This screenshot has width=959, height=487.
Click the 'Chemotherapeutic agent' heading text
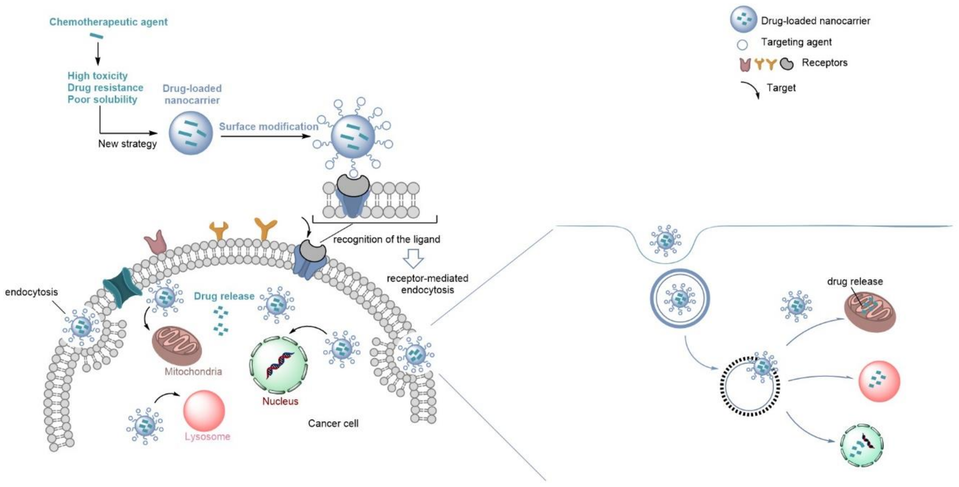(108, 22)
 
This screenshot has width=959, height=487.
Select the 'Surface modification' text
(268, 126)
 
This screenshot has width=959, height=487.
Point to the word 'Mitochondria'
(193, 371)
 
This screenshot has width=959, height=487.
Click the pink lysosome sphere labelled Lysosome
(204, 411)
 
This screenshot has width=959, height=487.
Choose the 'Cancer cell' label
(333, 423)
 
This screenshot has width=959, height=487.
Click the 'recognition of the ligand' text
(386, 239)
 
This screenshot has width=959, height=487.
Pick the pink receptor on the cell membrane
(156, 242)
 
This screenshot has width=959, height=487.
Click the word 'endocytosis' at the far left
(31, 292)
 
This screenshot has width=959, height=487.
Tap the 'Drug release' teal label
(224, 296)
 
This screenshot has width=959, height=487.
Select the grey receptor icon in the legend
(787, 64)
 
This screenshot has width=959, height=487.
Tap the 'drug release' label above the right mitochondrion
(855, 282)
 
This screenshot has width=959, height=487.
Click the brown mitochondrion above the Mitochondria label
(177, 345)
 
